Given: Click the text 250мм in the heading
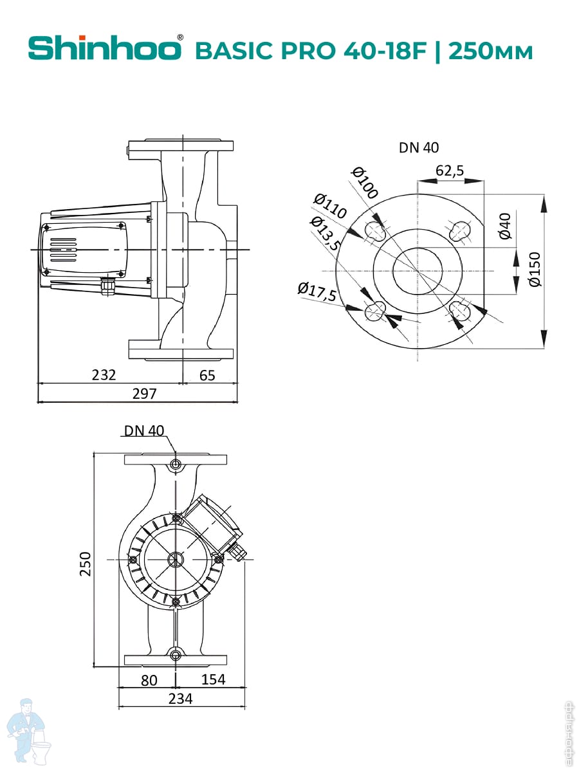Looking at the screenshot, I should coord(490,51).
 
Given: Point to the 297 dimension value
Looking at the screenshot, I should coord(144,393).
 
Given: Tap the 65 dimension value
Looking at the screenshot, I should coord(207,374).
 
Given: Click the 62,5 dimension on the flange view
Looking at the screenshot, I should coord(450,170).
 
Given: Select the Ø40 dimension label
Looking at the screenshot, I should coord(505,226).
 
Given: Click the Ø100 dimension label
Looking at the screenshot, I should coord(365,182).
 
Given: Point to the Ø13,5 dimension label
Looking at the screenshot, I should coord(326,234).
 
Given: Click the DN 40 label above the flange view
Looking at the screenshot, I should coord(419,147).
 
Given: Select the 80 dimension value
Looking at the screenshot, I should coord(149,679).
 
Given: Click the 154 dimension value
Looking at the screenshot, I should coord(213,679).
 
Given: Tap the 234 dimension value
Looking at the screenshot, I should coord(180,698).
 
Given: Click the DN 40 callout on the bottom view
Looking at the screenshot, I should coord(144,430).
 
